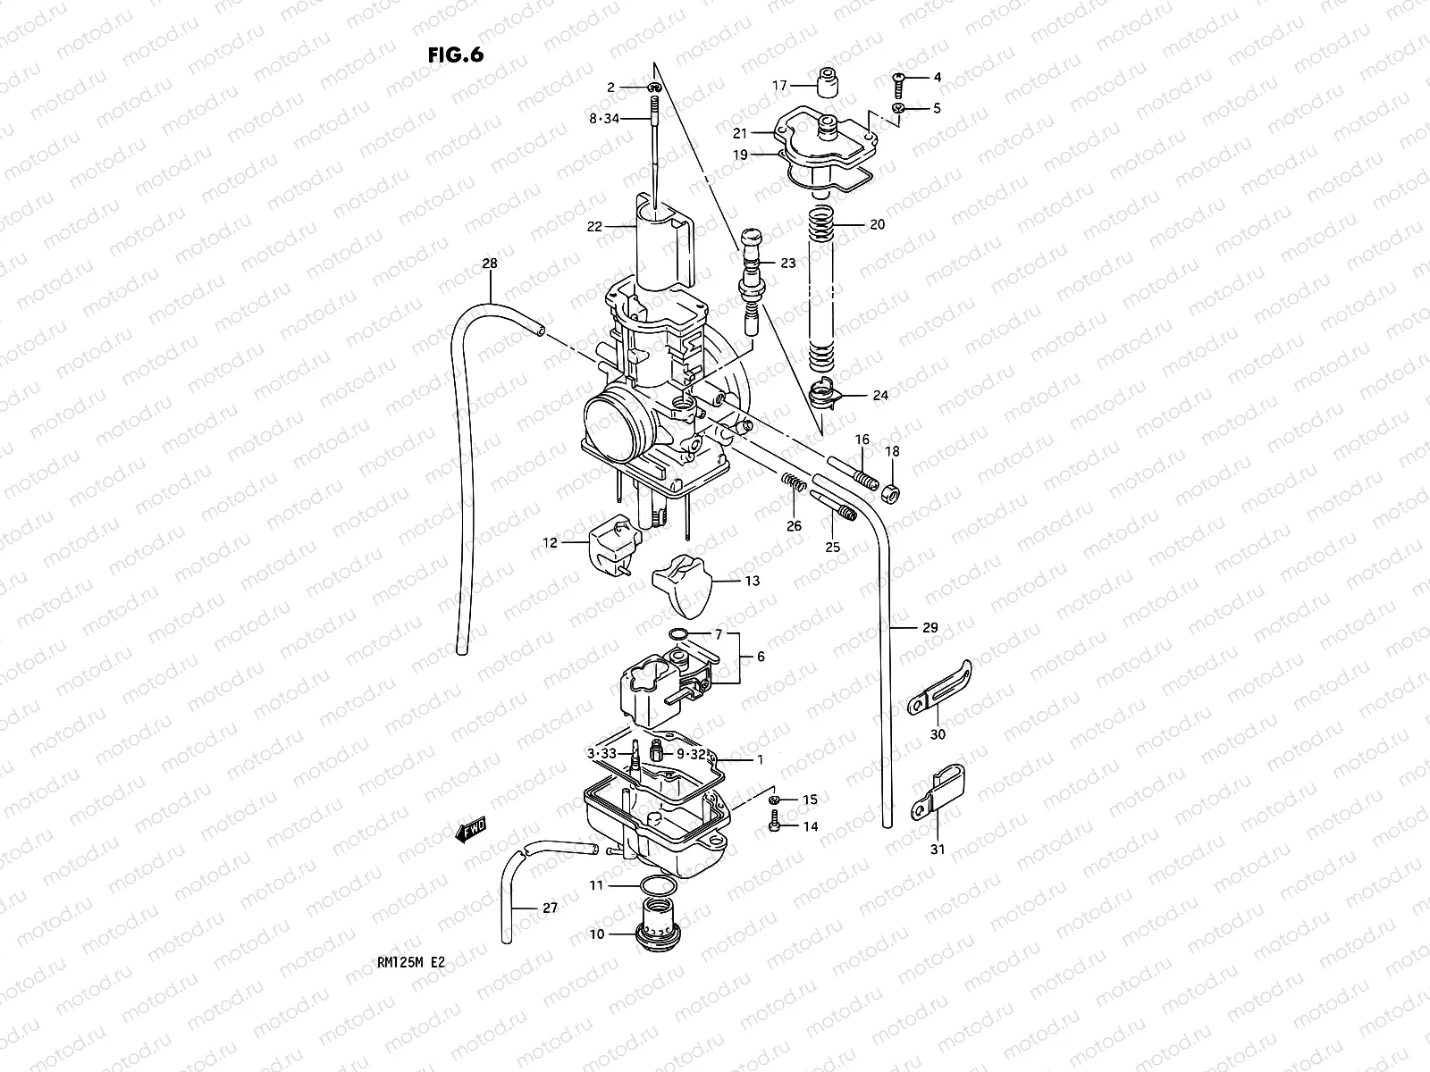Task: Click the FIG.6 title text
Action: tap(456, 54)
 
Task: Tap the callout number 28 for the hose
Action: tap(490, 264)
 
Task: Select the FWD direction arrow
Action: tap(470, 832)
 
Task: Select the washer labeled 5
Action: tap(899, 109)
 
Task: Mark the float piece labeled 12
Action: tap(612, 546)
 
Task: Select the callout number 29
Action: tap(930, 628)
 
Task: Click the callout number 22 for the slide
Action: tap(595, 227)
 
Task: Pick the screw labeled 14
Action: tap(774, 827)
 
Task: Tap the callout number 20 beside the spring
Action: tap(877, 225)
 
